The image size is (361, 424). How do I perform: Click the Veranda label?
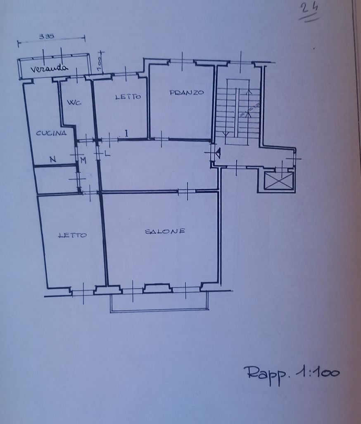[x=49, y=69]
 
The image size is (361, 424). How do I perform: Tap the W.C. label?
[x=74, y=103]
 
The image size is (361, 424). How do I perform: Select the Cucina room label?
[x=51, y=133]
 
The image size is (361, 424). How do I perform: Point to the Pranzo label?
[x=186, y=92]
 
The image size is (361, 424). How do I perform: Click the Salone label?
[x=165, y=231]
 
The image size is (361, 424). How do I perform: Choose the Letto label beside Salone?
[x=73, y=235]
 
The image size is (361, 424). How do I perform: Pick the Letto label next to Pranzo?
[x=128, y=96]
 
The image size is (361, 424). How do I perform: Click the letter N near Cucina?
[x=53, y=159]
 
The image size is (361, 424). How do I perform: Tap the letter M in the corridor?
[x=83, y=161]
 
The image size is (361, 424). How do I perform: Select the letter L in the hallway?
[x=107, y=154]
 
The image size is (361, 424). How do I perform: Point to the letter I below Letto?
[x=126, y=133]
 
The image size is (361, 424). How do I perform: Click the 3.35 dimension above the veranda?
[x=47, y=36]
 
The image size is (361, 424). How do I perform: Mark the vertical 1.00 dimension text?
[x=99, y=64]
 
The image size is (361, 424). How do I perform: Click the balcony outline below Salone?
[x=159, y=311]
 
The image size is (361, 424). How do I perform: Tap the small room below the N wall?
[x=56, y=180]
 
